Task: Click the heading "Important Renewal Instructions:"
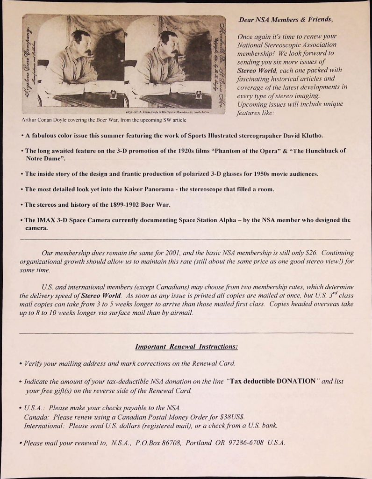pos(186,347)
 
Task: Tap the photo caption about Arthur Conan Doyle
pos(104,120)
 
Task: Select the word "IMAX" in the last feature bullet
pos(46,220)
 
